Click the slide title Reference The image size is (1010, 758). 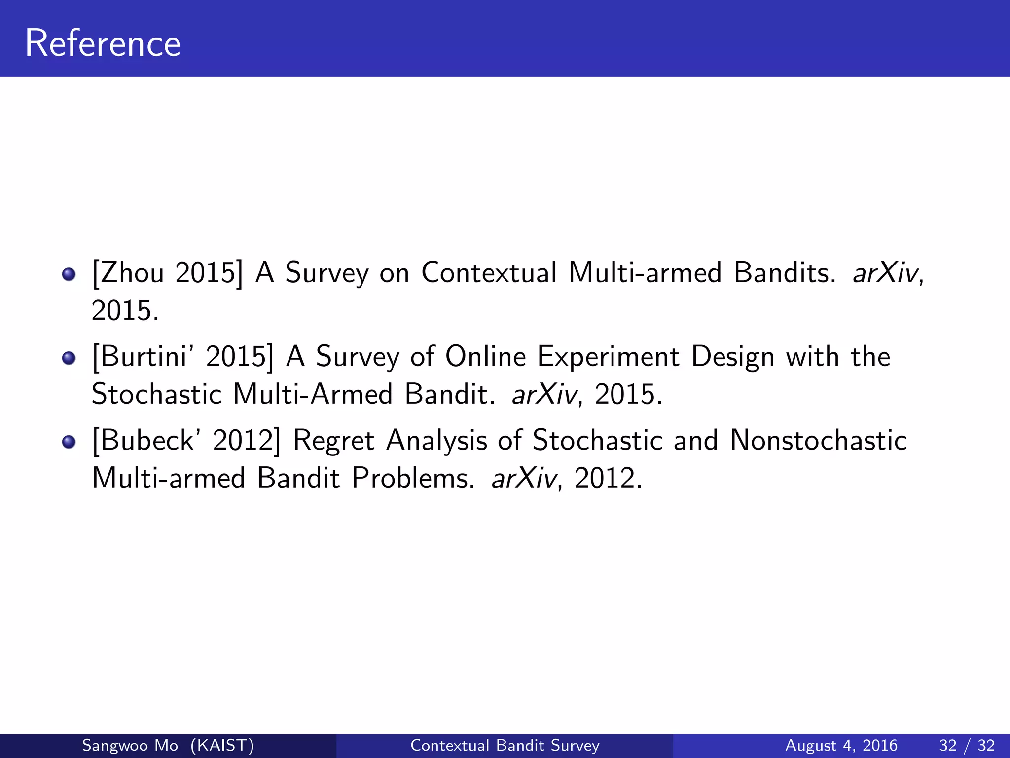pyautogui.click(x=103, y=43)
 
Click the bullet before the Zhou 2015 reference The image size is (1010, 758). pyautogui.click(x=69, y=274)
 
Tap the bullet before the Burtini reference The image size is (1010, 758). pyautogui.click(x=69, y=358)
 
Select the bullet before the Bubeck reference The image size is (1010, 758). pyautogui.click(x=69, y=442)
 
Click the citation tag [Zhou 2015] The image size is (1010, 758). pyautogui.click(x=168, y=272)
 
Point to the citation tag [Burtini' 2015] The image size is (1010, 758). pyautogui.click(x=183, y=356)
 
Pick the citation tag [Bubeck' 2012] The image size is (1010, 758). pyautogui.click(x=186, y=440)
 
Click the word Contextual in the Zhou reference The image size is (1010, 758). pyautogui.click(x=489, y=272)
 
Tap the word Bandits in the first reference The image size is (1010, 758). pyautogui.click(x=785, y=272)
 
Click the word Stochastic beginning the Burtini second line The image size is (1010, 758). pyautogui.click(x=157, y=394)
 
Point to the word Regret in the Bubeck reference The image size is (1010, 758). pyautogui.click(x=333, y=440)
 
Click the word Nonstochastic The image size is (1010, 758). pyautogui.click(x=818, y=440)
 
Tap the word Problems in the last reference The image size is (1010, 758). pyautogui.click(x=413, y=478)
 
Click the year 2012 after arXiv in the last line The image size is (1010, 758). pyautogui.click(x=608, y=478)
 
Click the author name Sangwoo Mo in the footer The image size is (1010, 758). pyautogui.click(x=130, y=745)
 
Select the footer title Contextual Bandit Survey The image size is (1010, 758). pyautogui.click(x=505, y=745)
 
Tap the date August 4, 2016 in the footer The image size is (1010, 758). pyautogui.click(x=841, y=745)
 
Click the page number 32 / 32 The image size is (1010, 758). pyautogui.click(x=967, y=745)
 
